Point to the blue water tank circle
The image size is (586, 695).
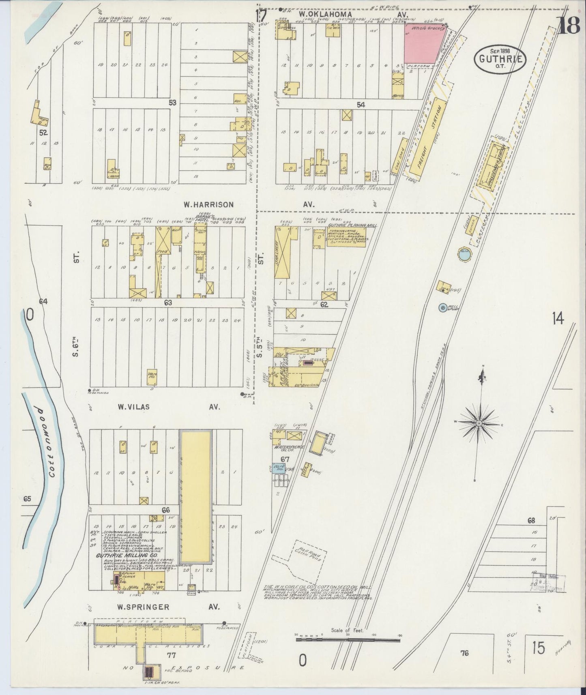(x=464, y=255)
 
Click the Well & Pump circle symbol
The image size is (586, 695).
(x=443, y=308)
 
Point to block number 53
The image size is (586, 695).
(x=173, y=103)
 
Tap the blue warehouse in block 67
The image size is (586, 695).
(x=279, y=468)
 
